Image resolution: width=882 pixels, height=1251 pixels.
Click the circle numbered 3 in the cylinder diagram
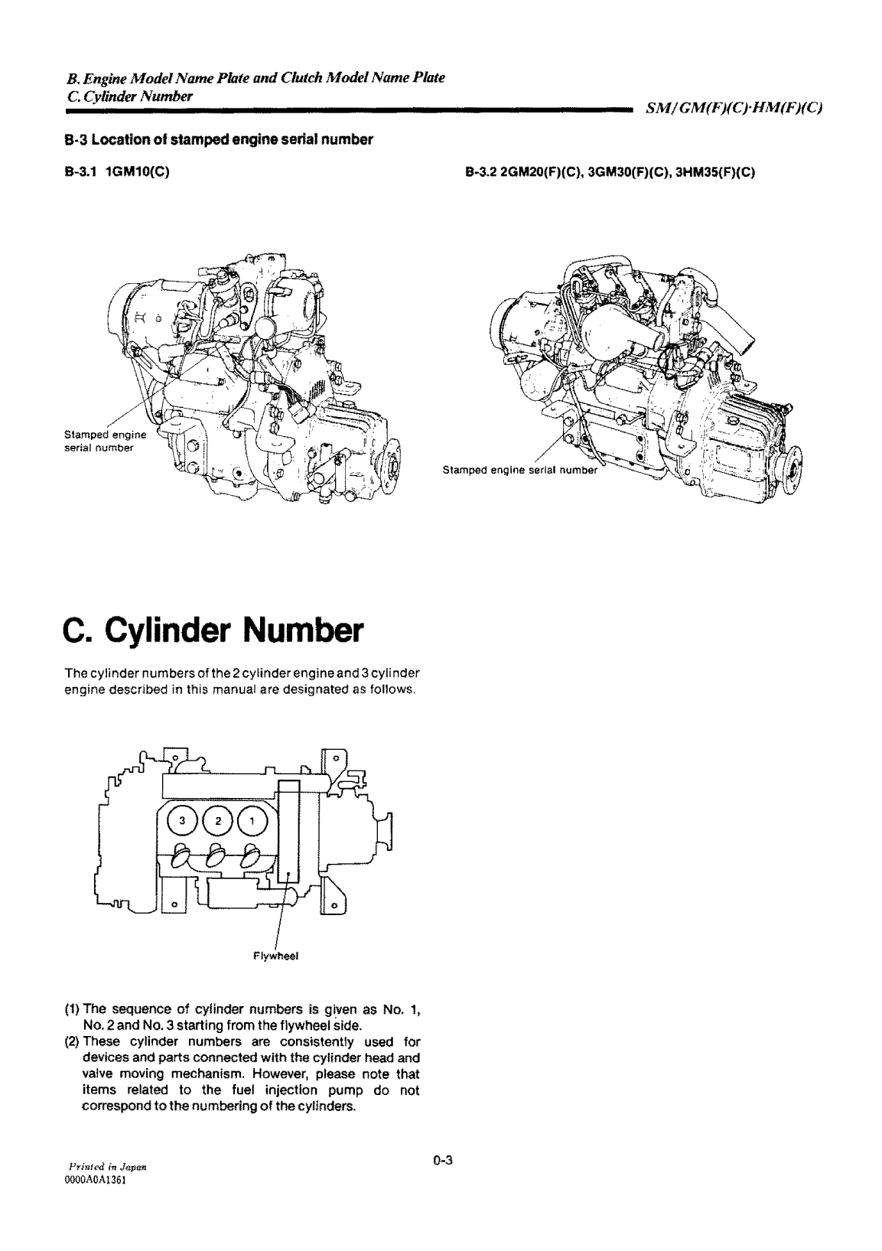[x=181, y=821]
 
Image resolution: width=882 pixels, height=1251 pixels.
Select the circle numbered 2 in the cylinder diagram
[x=217, y=821]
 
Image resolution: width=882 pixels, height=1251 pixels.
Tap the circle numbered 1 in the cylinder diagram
[x=253, y=821]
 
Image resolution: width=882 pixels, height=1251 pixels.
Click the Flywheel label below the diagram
[x=269, y=956]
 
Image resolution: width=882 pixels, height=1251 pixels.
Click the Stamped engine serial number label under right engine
[x=519, y=470]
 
